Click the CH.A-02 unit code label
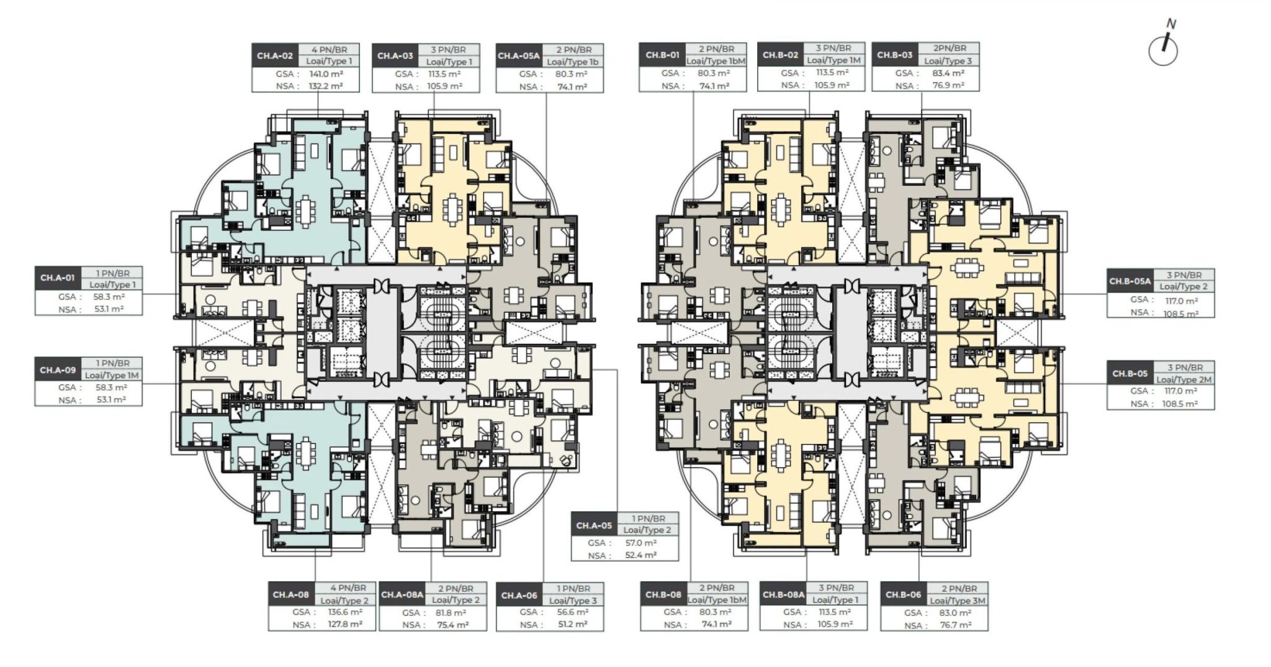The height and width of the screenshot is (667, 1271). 274,56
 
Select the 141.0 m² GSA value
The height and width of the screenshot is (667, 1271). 326,74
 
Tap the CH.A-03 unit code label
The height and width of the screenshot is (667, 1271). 395,56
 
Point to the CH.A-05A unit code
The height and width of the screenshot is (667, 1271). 518,56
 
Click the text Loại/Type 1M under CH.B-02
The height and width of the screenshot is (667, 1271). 833,60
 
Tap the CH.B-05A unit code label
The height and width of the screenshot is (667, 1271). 1130,281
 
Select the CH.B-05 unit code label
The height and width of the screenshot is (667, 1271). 1130,373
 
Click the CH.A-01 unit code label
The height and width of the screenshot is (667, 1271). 57,278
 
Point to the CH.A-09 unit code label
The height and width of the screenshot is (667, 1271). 58,370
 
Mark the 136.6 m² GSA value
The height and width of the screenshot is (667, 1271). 344,612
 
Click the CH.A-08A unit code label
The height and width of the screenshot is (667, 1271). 402,594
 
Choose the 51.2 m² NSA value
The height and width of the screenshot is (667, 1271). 572,625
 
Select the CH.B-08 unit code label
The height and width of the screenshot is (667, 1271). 663,594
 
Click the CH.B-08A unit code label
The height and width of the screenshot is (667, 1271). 783,594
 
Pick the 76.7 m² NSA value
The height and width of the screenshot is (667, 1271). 956,625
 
